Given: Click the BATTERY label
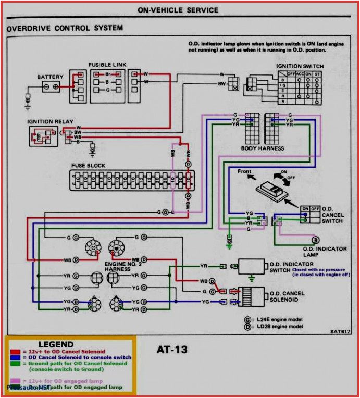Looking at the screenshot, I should tap(50, 77).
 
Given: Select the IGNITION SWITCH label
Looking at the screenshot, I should tap(300, 67).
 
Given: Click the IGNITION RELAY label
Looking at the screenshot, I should tap(51, 122).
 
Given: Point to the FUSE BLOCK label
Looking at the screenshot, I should tap(88, 166).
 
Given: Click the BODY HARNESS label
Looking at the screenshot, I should tap(263, 148).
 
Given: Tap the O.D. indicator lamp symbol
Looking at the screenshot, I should tap(315, 240).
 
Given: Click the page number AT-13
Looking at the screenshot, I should tap(172, 350).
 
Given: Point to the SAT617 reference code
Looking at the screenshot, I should tap(340, 331).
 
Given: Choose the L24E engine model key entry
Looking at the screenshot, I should tap(276, 319).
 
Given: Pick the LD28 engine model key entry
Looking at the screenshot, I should tap(276, 326).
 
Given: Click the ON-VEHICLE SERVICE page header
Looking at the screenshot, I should tap(178, 10).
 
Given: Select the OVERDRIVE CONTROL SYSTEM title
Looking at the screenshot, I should tap(65, 28).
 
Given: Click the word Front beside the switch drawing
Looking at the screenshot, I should tap(244, 172).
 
